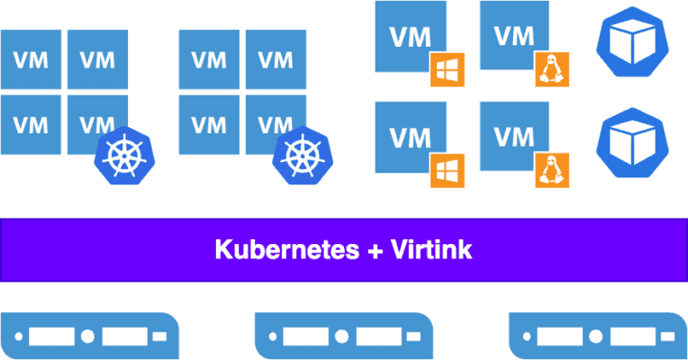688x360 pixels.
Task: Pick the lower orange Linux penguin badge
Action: [551, 170]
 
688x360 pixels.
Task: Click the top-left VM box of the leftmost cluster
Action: [31, 59]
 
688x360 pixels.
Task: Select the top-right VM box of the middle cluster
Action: [276, 59]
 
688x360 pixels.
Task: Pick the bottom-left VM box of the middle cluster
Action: [209, 122]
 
